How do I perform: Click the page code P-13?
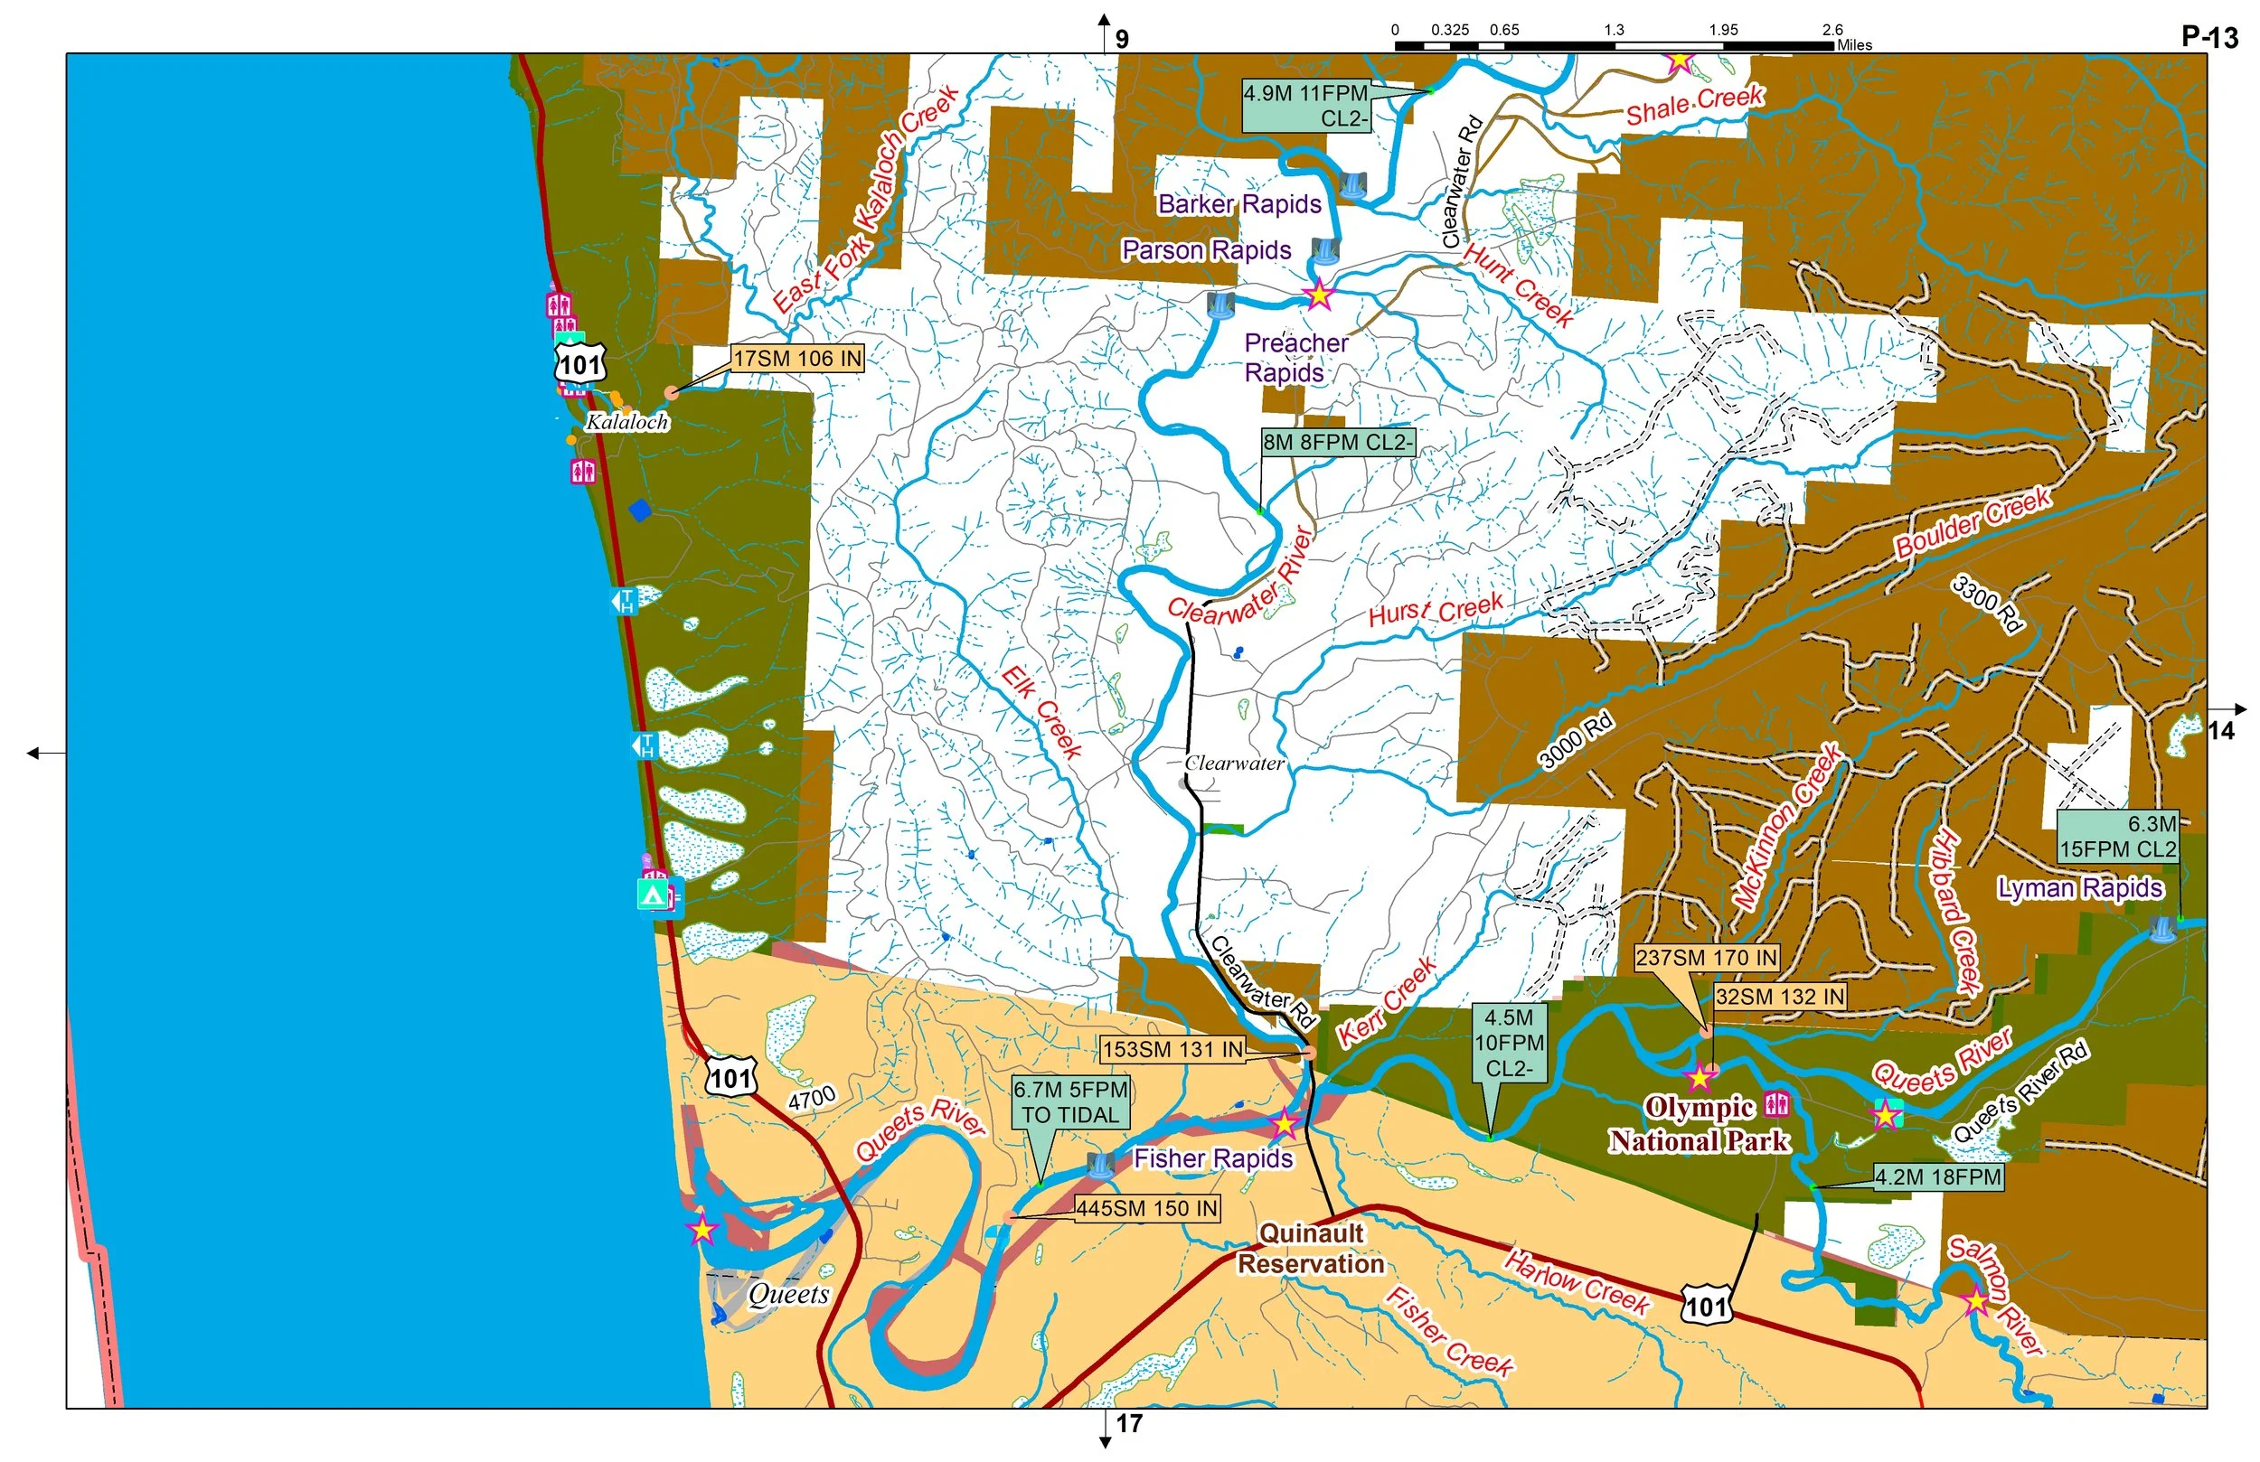[x=2209, y=36]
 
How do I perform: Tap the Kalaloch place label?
[x=626, y=421]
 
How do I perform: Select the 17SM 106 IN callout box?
[x=796, y=359]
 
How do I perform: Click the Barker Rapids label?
[x=1239, y=204]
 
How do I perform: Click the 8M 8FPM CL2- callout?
[x=1337, y=443]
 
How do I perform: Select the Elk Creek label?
[x=1041, y=712]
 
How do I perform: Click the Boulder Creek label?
[x=1973, y=522]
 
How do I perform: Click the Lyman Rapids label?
[x=2079, y=887]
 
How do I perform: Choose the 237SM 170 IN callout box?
[x=1706, y=958]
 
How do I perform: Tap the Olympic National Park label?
[x=1699, y=1124]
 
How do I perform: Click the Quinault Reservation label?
[x=1311, y=1249]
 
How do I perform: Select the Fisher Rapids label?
[x=1212, y=1158]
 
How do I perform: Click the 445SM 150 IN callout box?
[x=1147, y=1208]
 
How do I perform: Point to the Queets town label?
[x=788, y=1294]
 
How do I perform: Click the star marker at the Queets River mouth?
[x=702, y=1230]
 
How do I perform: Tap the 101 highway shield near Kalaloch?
[x=580, y=364]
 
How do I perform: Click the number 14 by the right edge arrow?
[x=2220, y=730]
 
